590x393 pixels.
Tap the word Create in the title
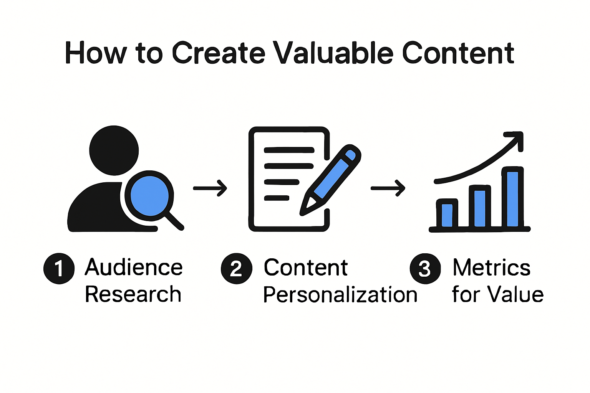click(219, 53)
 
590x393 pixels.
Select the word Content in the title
click(458, 53)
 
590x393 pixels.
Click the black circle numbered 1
click(59, 268)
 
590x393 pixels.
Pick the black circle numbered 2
click(236, 268)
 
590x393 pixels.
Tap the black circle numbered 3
click(425, 268)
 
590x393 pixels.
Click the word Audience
click(134, 267)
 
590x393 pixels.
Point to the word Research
click(133, 294)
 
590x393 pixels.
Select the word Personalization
click(340, 295)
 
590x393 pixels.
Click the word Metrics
click(492, 267)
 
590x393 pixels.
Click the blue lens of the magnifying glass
click(149, 195)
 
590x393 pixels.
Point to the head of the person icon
click(114, 150)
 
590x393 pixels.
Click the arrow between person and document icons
click(210, 188)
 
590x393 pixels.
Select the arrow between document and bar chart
click(388, 188)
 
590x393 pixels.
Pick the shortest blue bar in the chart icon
click(447, 215)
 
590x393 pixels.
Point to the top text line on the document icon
click(289, 150)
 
